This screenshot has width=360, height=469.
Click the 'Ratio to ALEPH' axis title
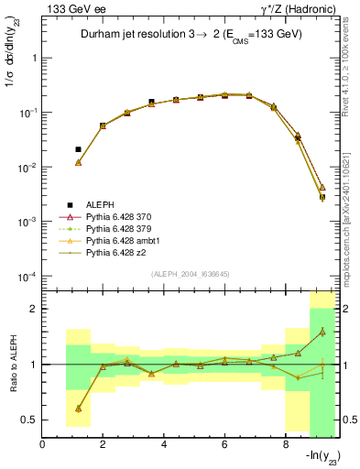click(x=12, y=365)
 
